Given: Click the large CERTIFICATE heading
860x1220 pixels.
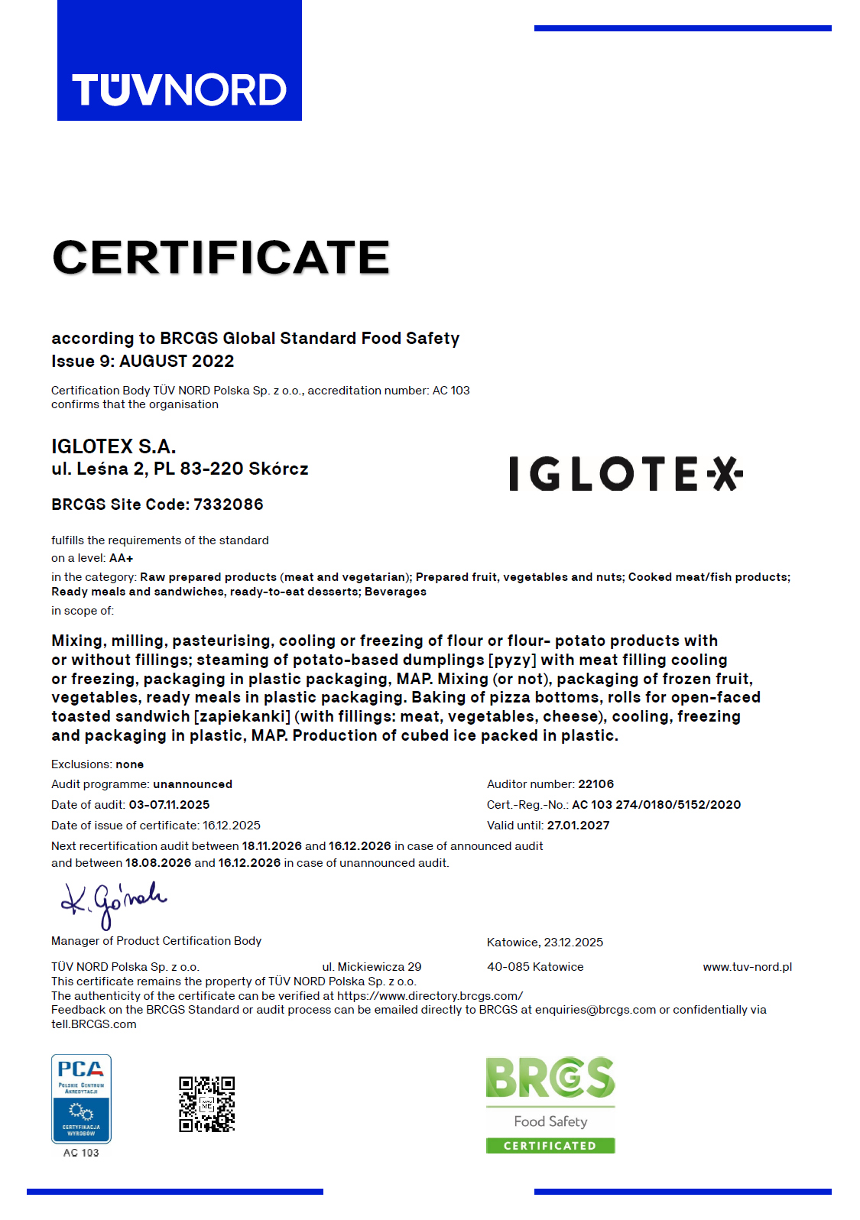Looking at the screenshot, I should [x=221, y=257].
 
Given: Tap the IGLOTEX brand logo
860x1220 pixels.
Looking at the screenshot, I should [x=625, y=473].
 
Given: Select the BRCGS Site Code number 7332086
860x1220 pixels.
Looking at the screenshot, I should [x=229, y=505].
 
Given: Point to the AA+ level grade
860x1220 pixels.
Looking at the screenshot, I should [x=121, y=558].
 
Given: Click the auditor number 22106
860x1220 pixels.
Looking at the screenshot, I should [x=596, y=784].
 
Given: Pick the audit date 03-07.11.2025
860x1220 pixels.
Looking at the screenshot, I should [x=169, y=805].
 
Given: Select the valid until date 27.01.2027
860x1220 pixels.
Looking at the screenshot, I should [x=578, y=826].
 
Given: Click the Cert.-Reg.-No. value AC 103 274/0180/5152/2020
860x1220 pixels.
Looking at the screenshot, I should [x=656, y=805].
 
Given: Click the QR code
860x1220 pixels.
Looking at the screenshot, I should [x=206, y=1105].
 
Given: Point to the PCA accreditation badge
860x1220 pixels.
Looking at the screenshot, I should [x=81, y=1098].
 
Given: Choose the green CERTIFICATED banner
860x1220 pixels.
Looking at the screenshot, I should [x=550, y=1146].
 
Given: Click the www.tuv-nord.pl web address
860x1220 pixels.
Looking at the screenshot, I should [x=747, y=967].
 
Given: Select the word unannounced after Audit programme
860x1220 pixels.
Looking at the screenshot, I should [x=193, y=784].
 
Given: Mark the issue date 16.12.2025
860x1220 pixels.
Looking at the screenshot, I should [x=232, y=826].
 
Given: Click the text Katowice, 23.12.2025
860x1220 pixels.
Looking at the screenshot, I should [x=545, y=943].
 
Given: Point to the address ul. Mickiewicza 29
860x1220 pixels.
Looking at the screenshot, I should [x=372, y=967].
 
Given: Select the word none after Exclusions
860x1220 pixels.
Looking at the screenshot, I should [x=130, y=764].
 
